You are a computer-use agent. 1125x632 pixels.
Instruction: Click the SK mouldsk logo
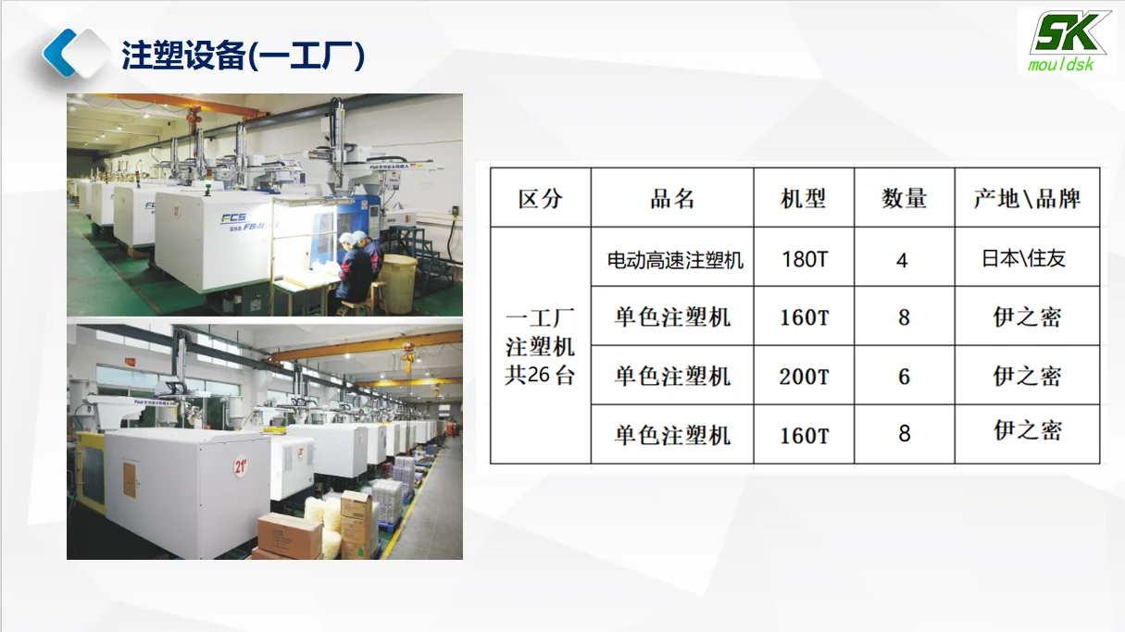tap(1067, 42)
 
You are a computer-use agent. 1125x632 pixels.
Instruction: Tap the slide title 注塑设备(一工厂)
tap(243, 56)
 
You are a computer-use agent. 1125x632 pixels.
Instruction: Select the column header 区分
tap(540, 198)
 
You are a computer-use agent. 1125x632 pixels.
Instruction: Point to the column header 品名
tap(672, 198)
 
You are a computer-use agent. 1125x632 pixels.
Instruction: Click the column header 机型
tap(803, 198)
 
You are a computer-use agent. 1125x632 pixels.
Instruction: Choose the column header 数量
tap(904, 198)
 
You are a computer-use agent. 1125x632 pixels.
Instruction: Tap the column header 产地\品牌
tap(1027, 198)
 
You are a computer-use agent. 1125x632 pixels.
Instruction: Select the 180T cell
tap(804, 259)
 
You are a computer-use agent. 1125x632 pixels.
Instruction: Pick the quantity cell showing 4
tap(903, 260)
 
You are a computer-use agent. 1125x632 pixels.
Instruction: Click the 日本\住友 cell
tap(1024, 258)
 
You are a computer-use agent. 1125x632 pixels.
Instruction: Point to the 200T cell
tap(804, 377)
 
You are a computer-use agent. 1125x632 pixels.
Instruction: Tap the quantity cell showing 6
tap(904, 377)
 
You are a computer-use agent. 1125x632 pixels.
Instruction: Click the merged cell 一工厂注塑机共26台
tap(540, 346)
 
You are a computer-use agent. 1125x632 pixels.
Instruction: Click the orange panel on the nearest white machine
tap(130, 479)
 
